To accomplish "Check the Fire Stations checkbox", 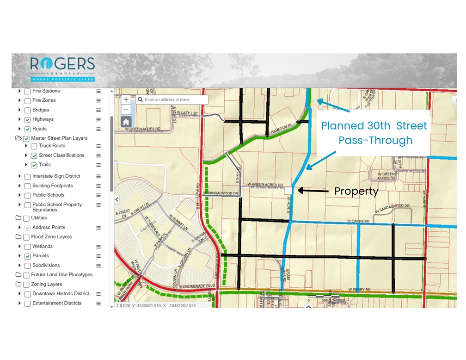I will point(28,91).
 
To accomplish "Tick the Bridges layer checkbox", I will point(28,110).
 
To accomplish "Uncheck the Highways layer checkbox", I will point(28,120).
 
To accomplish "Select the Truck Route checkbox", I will point(34,146).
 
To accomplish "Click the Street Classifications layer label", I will point(61,155).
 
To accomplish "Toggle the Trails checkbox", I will point(34,165).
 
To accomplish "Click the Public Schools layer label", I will point(48,195).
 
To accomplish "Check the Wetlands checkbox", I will point(28,247).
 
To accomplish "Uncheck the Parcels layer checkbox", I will point(28,256).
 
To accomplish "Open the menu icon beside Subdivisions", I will point(98,266).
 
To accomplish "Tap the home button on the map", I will point(126,122).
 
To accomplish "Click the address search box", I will point(173,99).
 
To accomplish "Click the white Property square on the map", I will point(288,190).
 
